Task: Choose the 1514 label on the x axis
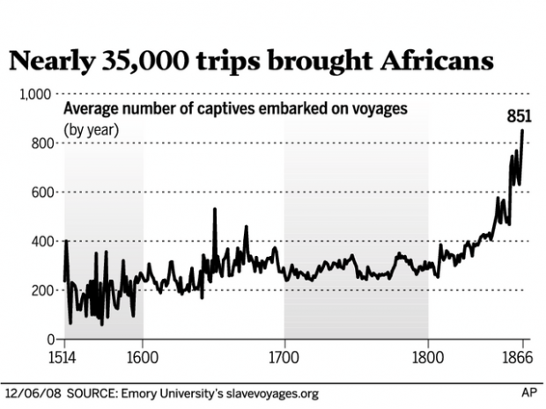tap(65, 358)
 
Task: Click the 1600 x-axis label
tap(143, 358)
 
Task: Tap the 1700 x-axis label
tap(284, 358)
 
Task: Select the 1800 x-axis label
tap(427, 358)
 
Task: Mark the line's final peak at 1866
tap(522, 131)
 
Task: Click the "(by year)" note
tap(91, 129)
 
